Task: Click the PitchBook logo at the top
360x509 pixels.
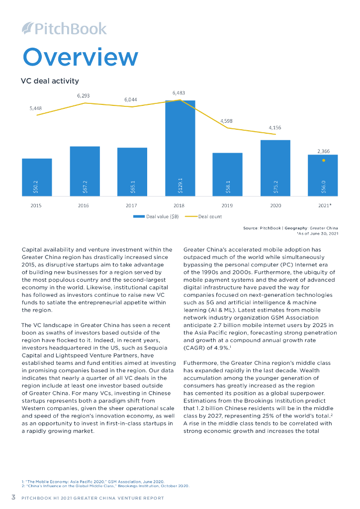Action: tap(65, 28)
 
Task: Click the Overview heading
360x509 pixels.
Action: tap(80, 57)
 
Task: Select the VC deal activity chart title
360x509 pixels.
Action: tap(50, 81)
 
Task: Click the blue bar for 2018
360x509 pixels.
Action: tap(180, 149)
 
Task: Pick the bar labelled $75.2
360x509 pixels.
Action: tap(275, 169)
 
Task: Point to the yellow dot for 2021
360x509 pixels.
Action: tap(323, 161)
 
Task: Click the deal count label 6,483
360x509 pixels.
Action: tap(179, 92)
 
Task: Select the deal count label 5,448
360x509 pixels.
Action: tap(36, 108)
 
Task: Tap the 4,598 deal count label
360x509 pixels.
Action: tap(226, 121)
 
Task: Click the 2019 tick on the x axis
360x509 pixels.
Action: tap(227, 205)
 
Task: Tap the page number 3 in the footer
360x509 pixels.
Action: tap(14, 497)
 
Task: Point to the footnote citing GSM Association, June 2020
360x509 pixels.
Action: tap(92, 481)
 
